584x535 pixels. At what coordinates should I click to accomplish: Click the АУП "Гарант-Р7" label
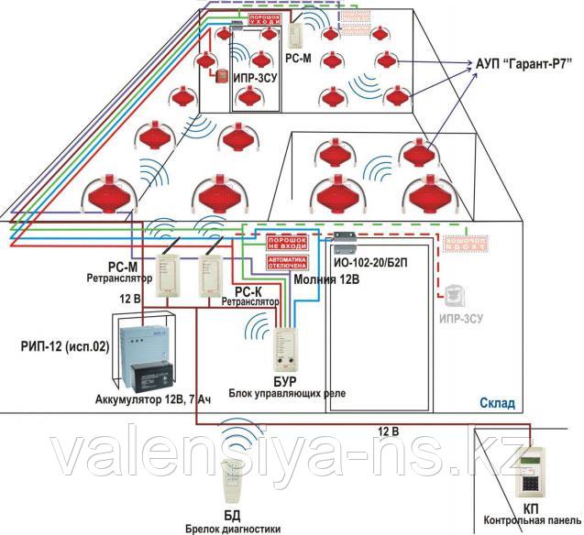point(519,62)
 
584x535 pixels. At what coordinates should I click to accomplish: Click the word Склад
point(496,403)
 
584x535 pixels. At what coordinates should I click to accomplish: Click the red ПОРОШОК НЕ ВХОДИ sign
point(285,243)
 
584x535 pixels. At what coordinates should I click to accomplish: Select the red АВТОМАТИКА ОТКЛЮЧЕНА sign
point(285,262)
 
